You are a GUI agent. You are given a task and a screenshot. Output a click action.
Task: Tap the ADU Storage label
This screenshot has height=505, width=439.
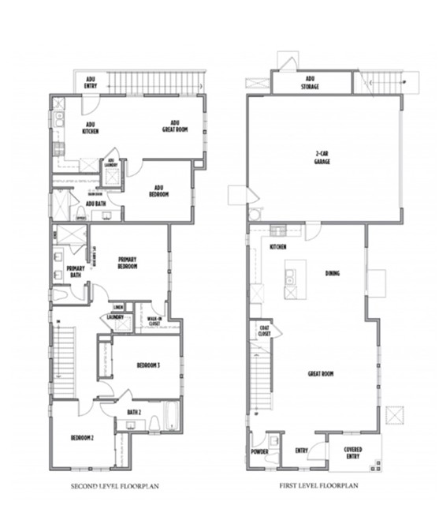pyautogui.click(x=311, y=83)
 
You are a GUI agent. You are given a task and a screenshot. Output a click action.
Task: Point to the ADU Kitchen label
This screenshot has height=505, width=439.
pyautogui.click(x=91, y=129)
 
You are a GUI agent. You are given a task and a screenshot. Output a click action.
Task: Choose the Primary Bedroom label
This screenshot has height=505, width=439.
pyautogui.click(x=128, y=263)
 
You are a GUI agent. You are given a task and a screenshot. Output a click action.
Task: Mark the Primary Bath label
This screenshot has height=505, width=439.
pyautogui.click(x=76, y=272)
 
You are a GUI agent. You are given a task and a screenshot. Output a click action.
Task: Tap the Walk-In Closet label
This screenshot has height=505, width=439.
pyautogui.click(x=154, y=321)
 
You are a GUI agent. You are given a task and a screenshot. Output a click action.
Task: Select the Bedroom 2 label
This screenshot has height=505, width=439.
pyautogui.click(x=83, y=438)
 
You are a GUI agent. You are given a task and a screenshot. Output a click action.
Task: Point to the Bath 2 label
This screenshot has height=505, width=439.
pyautogui.click(x=134, y=413)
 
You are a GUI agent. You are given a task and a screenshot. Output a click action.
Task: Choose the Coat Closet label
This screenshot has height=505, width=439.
pyautogui.click(x=265, y=331)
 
